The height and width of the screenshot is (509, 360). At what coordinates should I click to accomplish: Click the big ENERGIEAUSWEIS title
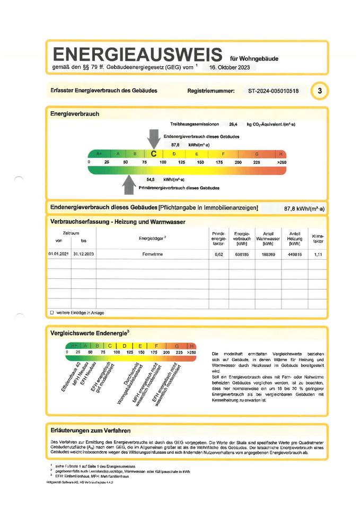click(x=136, y=55)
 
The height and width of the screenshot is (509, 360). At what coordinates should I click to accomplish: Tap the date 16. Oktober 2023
click(x=231, y=68)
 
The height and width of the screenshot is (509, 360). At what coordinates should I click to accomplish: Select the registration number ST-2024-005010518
click(x=273, y=91)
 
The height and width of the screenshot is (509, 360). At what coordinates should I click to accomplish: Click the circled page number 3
click(x=319, y=91)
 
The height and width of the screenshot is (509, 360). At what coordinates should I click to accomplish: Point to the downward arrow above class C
click(x=153, y=139)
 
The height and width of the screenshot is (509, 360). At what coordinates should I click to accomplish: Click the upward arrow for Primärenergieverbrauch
click(x=129, y=184)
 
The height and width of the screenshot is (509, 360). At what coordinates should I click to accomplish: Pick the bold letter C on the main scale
click(x=153, y=154)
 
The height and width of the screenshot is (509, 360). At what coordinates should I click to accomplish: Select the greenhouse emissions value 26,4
click(x=233, y=125)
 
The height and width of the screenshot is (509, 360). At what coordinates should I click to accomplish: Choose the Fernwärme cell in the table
click(x=153, y=254)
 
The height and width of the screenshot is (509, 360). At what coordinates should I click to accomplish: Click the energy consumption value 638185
click(x=242, y=254)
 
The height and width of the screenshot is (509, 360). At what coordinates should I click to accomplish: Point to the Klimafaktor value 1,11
click(x=318, y=254)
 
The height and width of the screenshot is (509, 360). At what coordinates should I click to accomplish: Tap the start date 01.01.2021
click(x=58, y=254)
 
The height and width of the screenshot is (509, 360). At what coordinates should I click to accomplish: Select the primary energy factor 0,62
click(x=218, y=254)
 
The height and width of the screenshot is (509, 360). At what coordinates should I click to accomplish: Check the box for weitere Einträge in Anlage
click(x=51, y=313)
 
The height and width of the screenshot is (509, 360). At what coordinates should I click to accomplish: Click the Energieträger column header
click(x=153, y=238)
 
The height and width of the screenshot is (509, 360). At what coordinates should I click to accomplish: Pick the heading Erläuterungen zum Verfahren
click(x=90, y=431)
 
